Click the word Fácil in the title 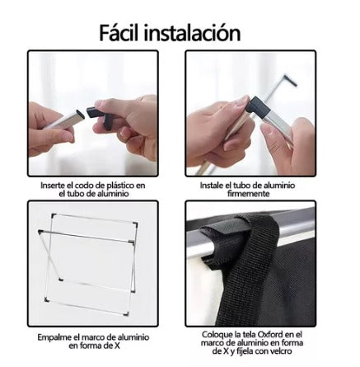[x=119, y=32]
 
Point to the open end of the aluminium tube [x=79, y=113]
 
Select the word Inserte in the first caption [x=52, y=186]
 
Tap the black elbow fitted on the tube [x=257, y=106]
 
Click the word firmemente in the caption [x=248, y=194]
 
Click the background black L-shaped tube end [x=290, y=80]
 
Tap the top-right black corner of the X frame [x=135, y=224]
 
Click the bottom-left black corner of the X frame [x=47, y=299]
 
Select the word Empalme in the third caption [x=53, y=337]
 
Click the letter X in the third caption [x=117, y=346]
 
